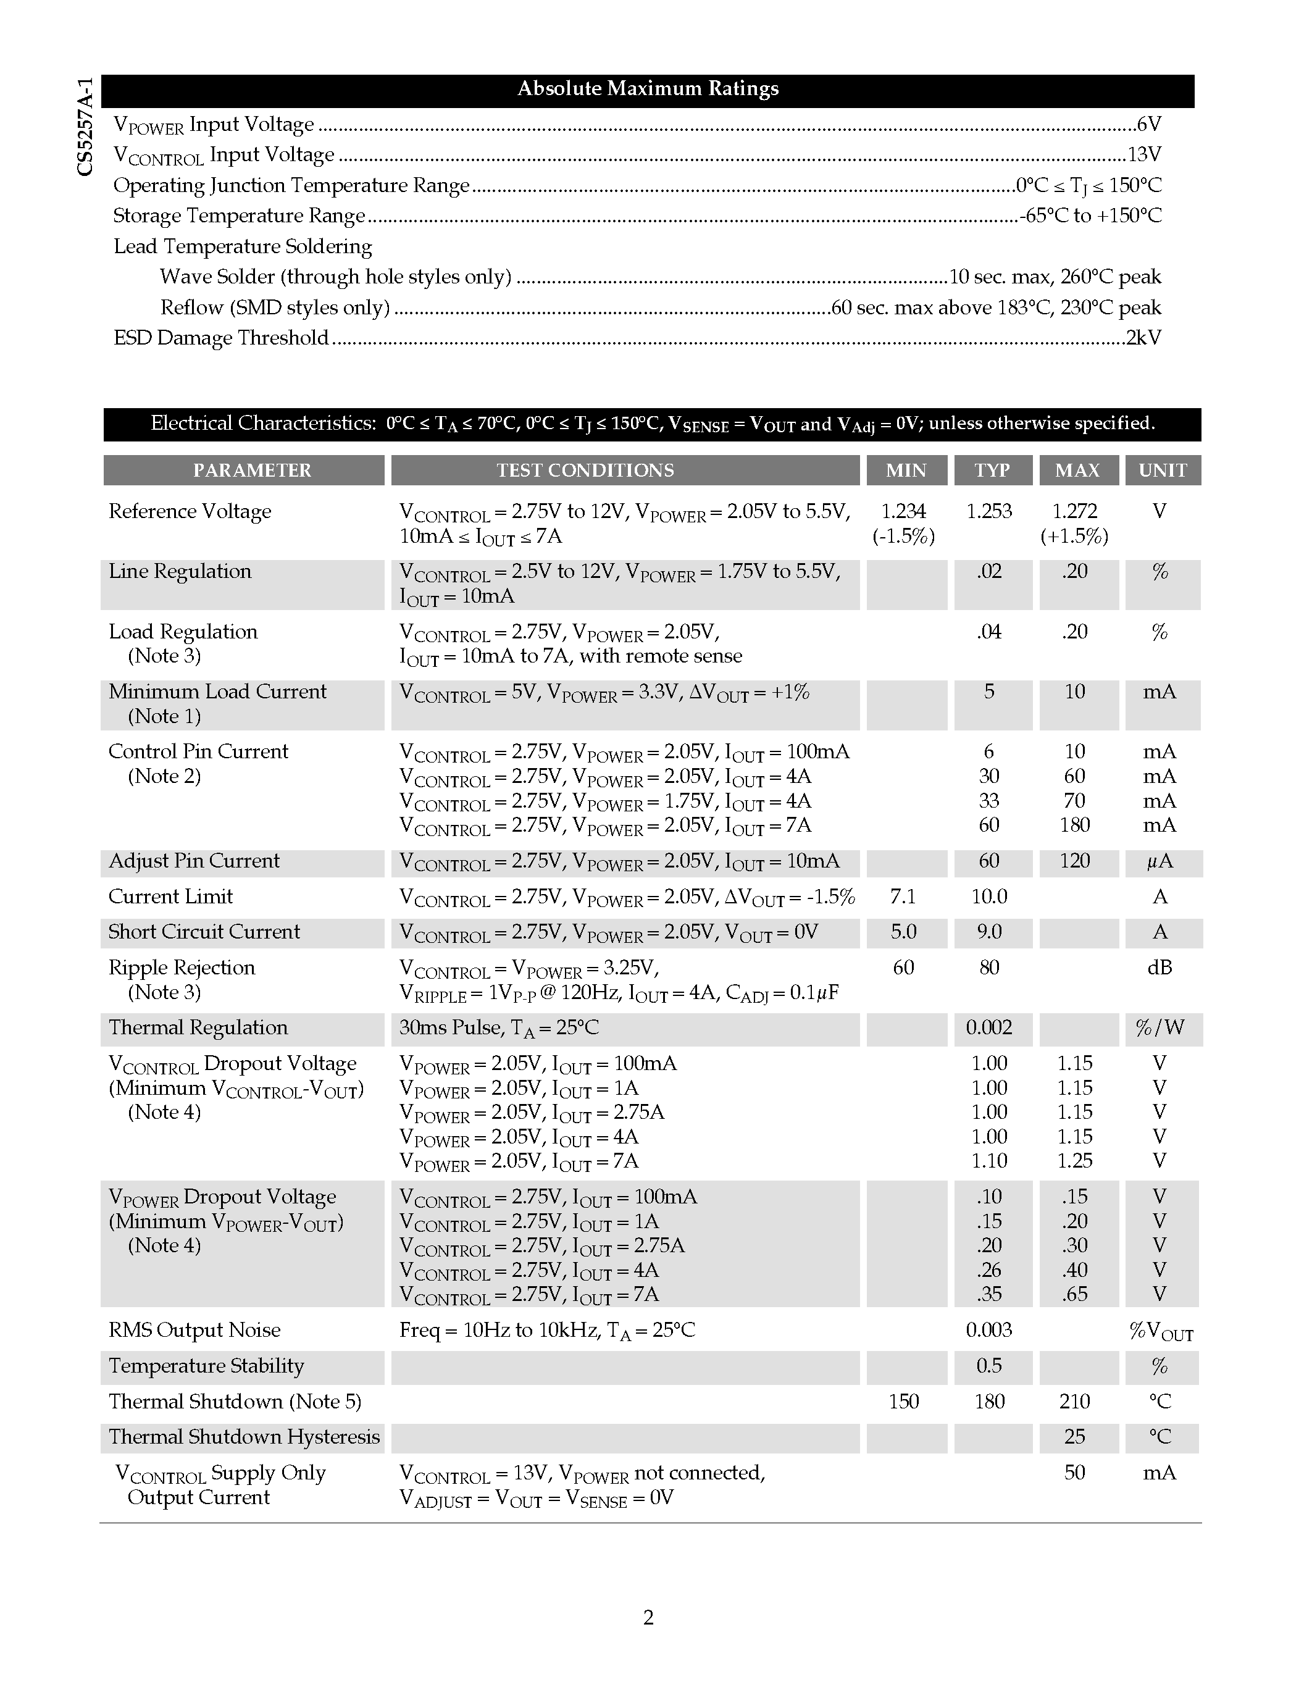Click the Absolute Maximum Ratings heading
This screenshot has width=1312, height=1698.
click(648, 89)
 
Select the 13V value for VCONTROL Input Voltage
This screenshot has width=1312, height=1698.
click(1144, 155)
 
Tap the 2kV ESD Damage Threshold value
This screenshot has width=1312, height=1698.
click(1143, 337)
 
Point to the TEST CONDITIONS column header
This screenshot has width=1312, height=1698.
click(585, 471)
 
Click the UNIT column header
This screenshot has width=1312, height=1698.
click(1163, 471)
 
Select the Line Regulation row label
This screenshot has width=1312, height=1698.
click(180, 571)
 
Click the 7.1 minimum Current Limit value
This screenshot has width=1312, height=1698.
click(903, 897)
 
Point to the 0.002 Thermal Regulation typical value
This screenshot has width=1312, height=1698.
click(988, 1028)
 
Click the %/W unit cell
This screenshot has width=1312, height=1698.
click(1159, 1028)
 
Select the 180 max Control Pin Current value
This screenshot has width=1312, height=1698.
click(1074, 825)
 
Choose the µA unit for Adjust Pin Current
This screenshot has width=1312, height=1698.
click(1159, 861)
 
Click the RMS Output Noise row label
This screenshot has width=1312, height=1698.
click(194, 1330)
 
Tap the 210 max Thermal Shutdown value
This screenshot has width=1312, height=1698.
click(1074, 1401)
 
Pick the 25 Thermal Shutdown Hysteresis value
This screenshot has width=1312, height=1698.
click(1074, 1437)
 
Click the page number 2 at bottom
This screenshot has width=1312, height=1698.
click(648, 1618)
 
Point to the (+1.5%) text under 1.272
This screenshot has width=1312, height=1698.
click(1074, 537)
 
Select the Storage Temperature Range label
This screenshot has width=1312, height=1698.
click(238, 215)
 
